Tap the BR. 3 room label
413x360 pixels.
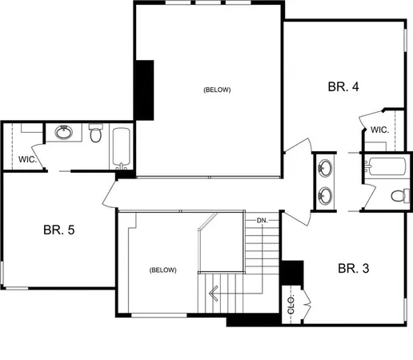pos(353,268)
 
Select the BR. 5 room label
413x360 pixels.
pos(58,230)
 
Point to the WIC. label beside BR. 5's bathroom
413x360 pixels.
pos(26,158)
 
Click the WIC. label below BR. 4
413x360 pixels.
pos(379,130)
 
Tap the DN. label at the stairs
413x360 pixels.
pos(261,220)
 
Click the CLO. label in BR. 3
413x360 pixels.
pos(291,305)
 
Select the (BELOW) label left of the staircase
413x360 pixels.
pos(162,270)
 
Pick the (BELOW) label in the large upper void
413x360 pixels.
pos(217,90)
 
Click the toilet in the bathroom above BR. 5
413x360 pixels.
pos(96,134)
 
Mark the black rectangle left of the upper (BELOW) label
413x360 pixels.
pos(145,90)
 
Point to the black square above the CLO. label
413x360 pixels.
pos(293,273)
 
